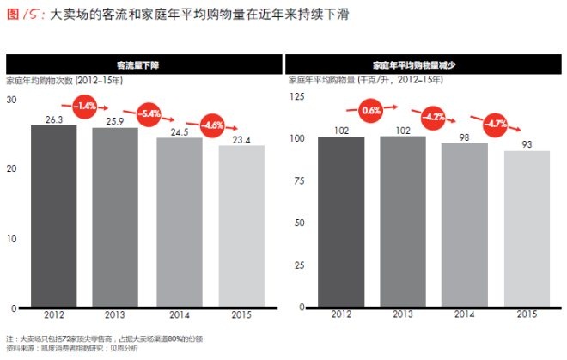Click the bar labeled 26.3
(x=54, y=217)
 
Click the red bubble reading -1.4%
(x=84, y=107)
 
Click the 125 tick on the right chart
(x=297, y=96)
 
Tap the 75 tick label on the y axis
(x=300, y=180)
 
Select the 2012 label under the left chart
(x=54, y=316)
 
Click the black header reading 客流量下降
(x=144, y=64)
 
